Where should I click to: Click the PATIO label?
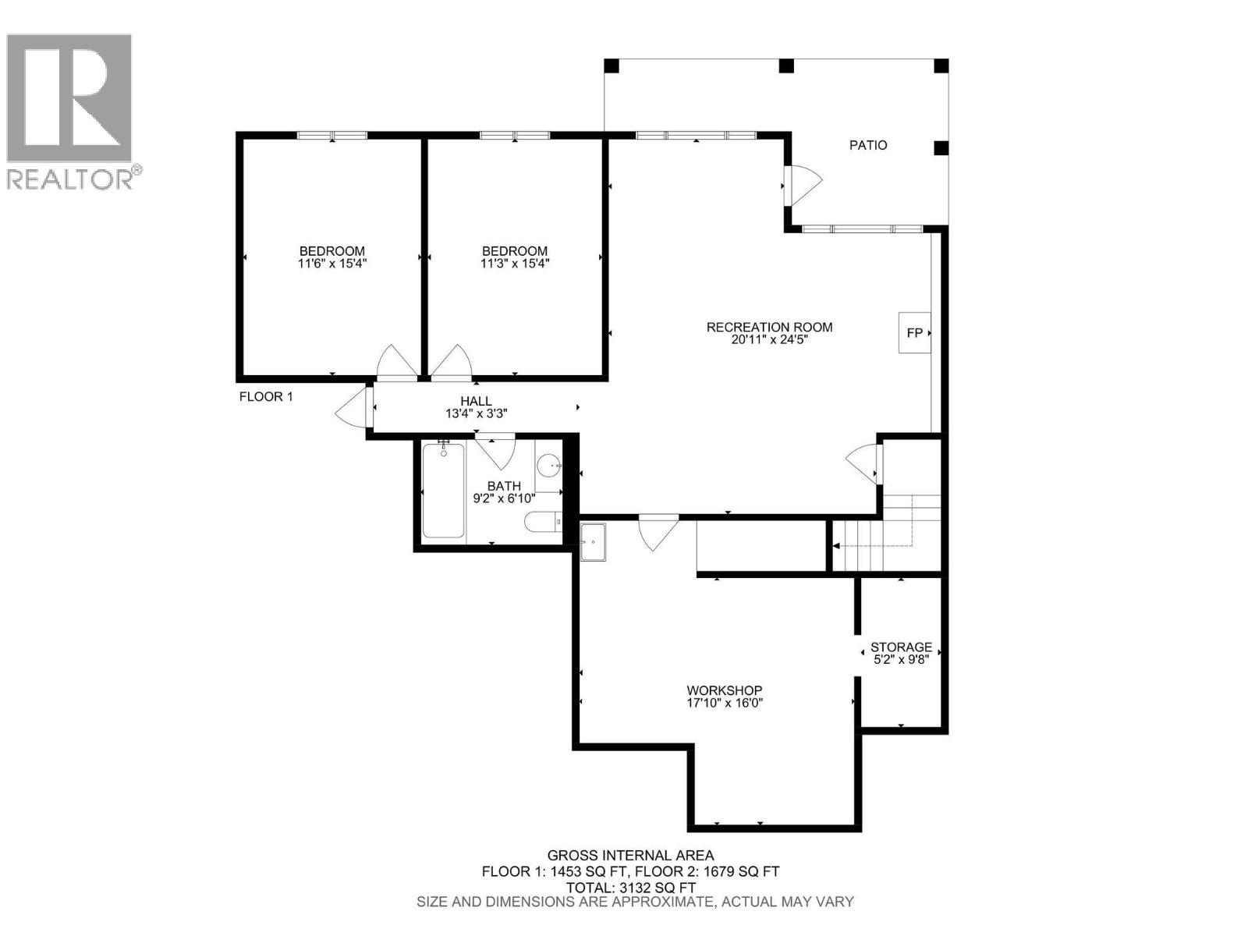[x=867, y=145]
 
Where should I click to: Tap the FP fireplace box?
[x=914, y=333]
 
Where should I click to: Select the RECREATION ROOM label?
[x=769, y=328]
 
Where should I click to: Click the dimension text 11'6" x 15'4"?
[x=332, y=264]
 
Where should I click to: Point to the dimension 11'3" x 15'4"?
[x=515, y=264]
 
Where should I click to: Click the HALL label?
[x=476, y=402]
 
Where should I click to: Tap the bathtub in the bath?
[x=443, y=491]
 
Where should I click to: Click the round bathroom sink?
[x=551, y=466]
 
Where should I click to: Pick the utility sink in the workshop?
[x=594, y=541]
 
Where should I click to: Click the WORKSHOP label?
[x=724, y=690]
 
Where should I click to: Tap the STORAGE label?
[x=901, y=647]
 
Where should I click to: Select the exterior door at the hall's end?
[x=353, y=408]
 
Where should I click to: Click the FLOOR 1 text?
[x=266, y=396]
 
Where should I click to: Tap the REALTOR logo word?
[x=70, y=179]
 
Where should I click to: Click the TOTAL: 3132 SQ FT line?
[x=630, y=888]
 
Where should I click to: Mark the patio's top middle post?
[x=786, y=66]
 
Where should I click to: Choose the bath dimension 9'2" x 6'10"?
[x=504, y=498]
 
